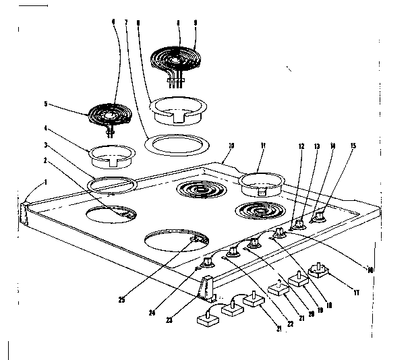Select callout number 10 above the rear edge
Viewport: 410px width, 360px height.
[231, 145]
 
